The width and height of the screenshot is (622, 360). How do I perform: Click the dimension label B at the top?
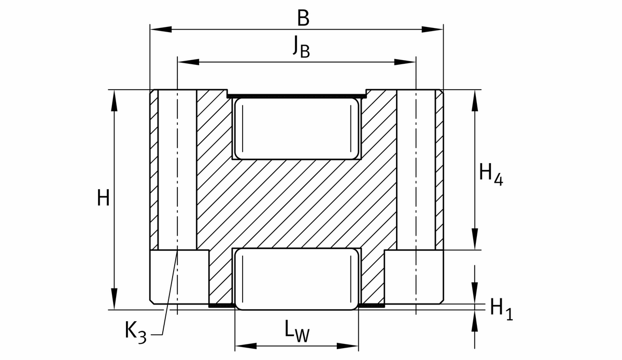(303, 18)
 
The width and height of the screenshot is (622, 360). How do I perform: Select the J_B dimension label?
(301, 47)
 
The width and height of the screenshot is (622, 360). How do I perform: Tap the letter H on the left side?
(103, 197)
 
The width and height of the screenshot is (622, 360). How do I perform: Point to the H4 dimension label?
(491, 175)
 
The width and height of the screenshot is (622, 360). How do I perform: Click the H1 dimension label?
(502, 309)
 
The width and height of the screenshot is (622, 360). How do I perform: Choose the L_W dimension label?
(297, 330)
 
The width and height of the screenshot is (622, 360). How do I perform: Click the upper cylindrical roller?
(297, 128)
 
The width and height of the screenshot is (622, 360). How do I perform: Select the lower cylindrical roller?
(297, 279)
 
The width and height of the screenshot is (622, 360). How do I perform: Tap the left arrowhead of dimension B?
(161, 29)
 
